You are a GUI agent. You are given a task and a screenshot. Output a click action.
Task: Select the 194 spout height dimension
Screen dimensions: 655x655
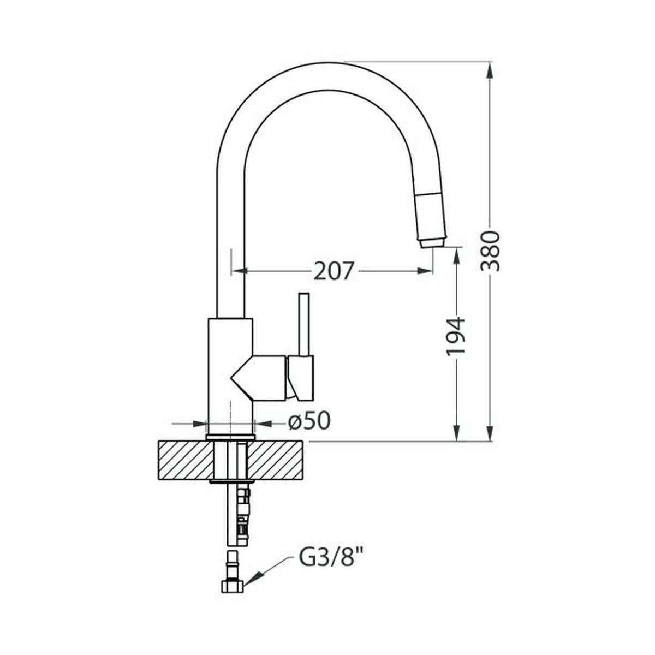tap(455, 337)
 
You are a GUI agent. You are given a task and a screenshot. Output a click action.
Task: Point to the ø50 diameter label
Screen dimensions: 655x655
tap(309, 422)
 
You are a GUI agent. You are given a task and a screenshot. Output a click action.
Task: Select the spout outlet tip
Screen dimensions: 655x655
tap(432, 243)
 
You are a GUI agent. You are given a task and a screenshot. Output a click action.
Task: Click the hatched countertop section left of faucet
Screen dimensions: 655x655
tap(186, 460)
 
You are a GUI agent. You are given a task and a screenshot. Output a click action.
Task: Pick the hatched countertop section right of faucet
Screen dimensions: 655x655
tap(275, 460)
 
